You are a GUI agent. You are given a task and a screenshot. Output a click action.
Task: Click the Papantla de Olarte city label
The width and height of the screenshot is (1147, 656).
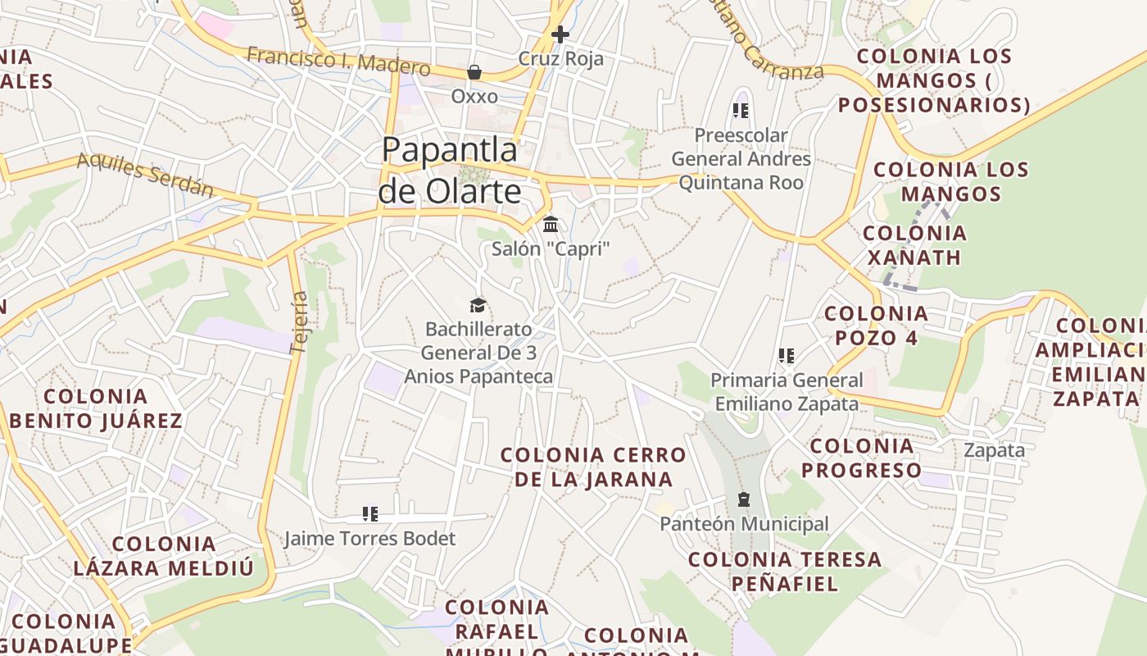450,171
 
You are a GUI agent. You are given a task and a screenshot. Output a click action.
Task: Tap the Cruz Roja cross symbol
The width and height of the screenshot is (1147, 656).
560,34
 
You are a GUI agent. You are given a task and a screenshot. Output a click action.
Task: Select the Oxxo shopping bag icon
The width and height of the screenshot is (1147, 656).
474,73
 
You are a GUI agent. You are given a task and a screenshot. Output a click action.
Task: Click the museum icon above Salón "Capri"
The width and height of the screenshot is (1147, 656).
551,224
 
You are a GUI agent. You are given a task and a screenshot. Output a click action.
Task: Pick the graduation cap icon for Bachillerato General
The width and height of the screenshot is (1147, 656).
478,306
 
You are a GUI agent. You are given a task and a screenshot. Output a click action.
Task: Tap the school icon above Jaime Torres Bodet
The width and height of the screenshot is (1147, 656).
370,514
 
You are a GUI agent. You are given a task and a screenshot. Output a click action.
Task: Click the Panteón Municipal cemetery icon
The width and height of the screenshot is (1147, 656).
744,499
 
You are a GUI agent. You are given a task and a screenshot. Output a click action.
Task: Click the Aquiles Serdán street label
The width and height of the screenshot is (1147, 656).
145,175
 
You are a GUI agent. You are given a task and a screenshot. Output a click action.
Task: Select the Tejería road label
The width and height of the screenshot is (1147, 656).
299,322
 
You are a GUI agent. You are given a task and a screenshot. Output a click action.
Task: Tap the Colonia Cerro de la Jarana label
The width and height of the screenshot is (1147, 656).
593,467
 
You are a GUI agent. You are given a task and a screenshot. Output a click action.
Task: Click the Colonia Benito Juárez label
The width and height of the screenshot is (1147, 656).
97,408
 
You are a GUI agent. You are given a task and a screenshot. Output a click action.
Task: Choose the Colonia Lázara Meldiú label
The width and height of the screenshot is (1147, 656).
164,556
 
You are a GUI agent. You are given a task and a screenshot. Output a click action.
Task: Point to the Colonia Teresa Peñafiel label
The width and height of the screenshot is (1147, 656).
784,572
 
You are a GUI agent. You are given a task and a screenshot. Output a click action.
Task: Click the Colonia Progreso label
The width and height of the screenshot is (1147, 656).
861,458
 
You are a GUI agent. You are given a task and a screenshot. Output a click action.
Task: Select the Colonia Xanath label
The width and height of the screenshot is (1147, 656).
914,245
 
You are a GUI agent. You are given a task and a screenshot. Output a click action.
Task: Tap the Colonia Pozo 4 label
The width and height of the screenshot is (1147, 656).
876,326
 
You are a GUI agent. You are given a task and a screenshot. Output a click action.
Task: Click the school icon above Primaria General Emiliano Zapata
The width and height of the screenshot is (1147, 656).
787,356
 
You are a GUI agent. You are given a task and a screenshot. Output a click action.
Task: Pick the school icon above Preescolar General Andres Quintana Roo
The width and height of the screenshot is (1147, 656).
741,111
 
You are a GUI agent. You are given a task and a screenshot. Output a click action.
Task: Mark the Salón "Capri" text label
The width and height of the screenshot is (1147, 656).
551,248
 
